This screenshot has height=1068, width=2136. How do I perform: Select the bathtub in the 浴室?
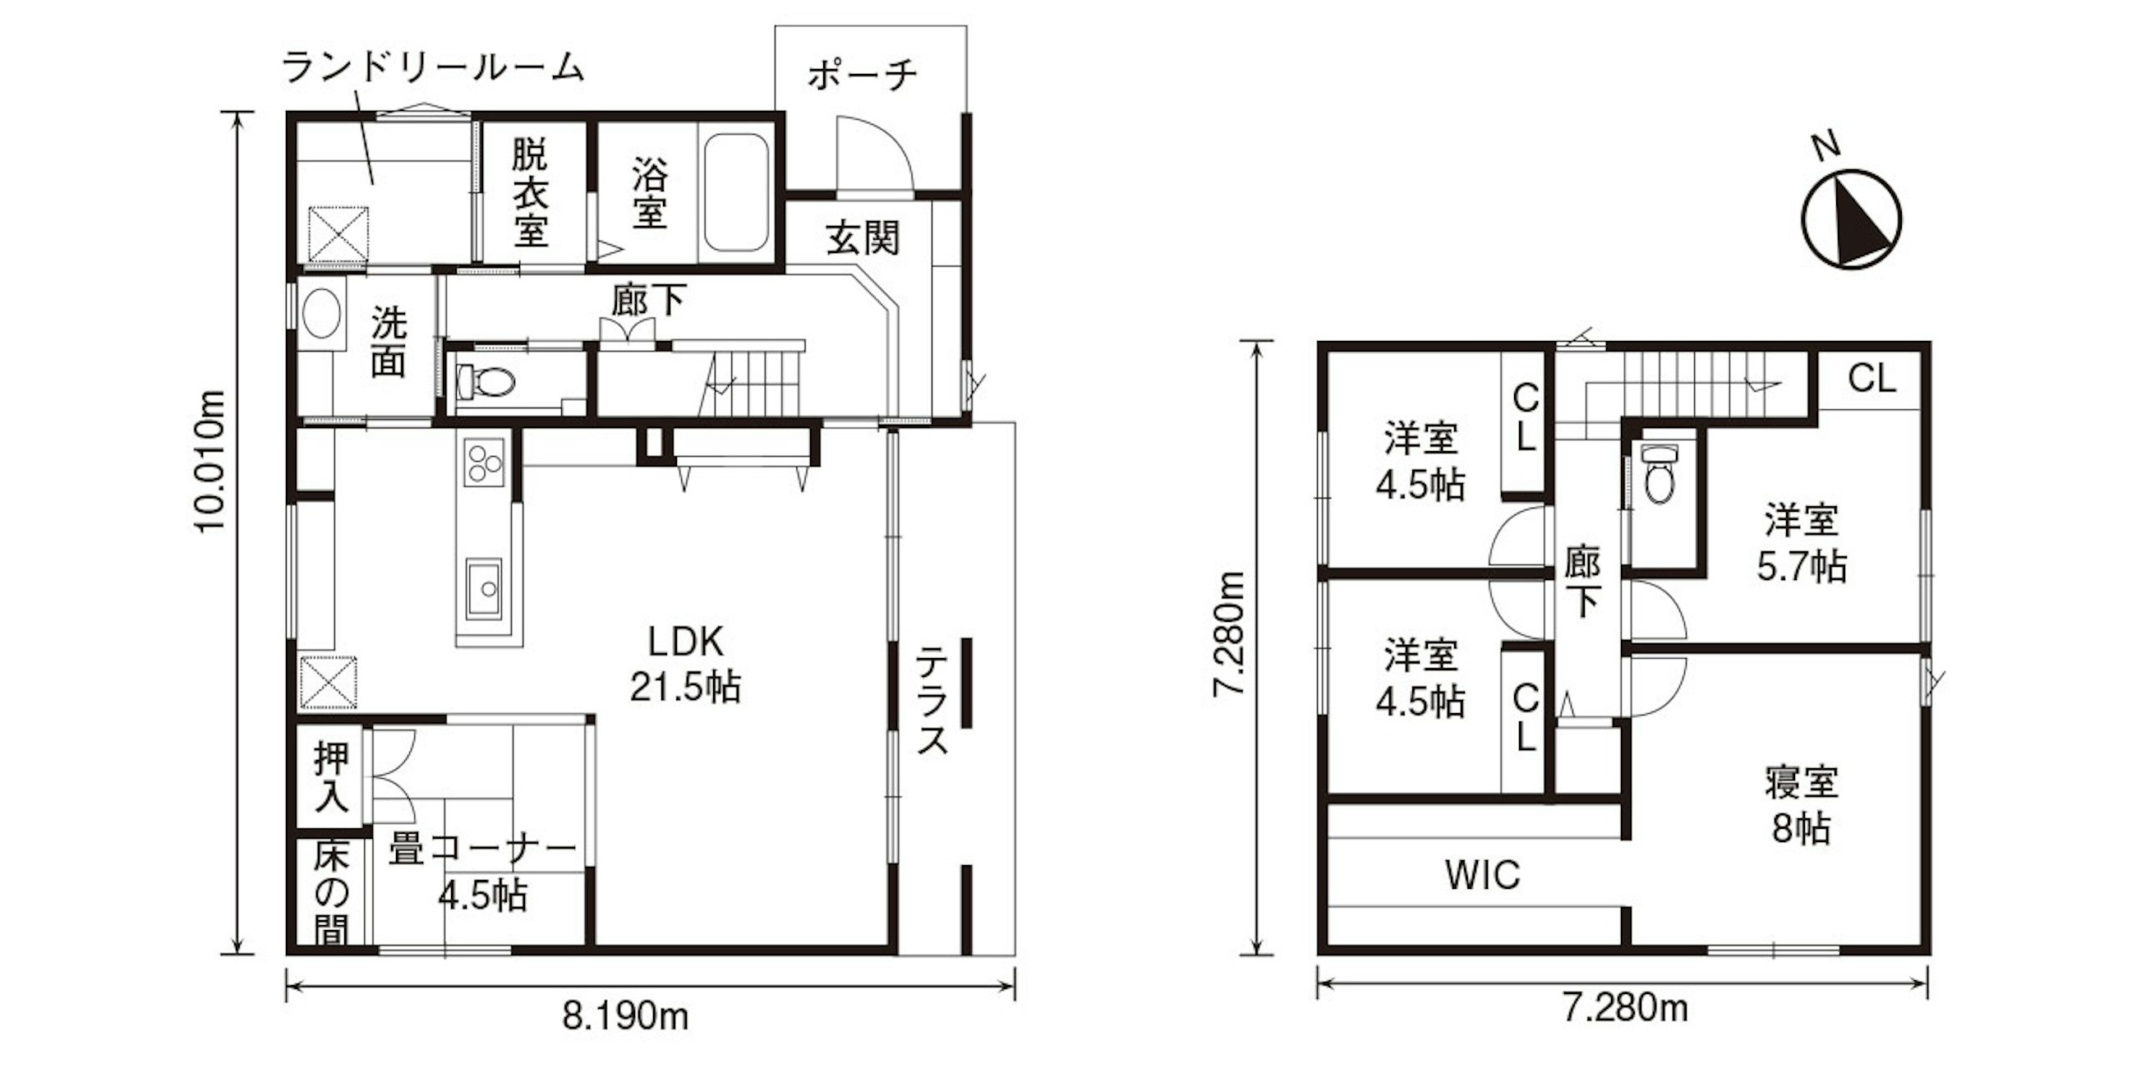(735, 192)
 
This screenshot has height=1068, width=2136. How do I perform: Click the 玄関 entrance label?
(863, 240)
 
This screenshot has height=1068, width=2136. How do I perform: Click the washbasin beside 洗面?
(323, 315)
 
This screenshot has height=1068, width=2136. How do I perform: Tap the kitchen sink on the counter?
(484, 589)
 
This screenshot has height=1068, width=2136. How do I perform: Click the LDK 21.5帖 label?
(686, 664)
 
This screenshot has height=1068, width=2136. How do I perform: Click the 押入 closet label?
(332, 777)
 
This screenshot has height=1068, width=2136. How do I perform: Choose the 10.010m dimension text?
(210, 460)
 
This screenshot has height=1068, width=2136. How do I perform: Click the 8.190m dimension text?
(626, 1015)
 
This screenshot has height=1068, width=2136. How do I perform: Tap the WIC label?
(1483, 875)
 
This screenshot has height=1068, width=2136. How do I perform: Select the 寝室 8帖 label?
(1801, 804)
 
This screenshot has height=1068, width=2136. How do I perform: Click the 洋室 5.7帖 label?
(1801, 544)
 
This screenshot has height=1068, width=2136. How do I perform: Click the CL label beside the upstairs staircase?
(1872, 379)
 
